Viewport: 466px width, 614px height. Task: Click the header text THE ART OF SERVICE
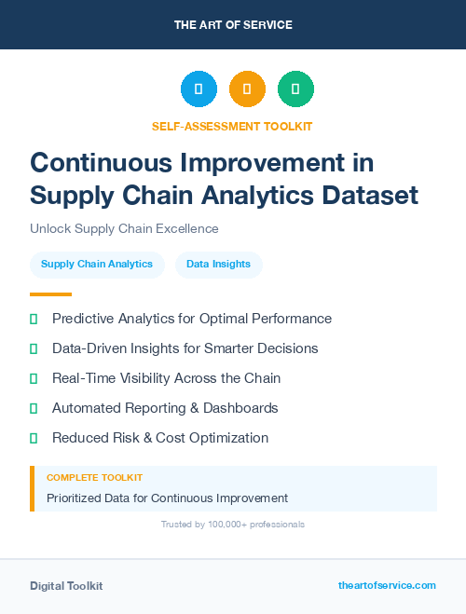233,24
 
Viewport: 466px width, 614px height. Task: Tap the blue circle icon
199,89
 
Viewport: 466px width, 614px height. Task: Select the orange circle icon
247,89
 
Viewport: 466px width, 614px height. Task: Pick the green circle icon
295,89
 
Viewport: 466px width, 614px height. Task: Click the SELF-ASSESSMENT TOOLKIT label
232,126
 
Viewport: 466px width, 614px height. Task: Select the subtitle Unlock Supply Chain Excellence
124,228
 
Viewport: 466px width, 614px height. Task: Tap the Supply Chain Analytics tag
97,264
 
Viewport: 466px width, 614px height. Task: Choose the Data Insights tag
219,264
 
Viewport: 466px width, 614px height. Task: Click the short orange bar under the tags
44,293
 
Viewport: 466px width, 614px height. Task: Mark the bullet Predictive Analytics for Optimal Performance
191,319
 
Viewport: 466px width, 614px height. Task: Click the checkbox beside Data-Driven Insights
34,348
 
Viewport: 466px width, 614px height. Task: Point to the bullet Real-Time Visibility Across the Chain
166,378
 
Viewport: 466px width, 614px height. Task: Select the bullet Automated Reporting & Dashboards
165,408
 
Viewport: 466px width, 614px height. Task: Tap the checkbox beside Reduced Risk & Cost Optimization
34,438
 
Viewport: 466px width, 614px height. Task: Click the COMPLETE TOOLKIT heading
94,477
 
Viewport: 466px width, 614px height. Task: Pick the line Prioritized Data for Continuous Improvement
167,498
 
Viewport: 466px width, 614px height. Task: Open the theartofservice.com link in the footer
387,585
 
